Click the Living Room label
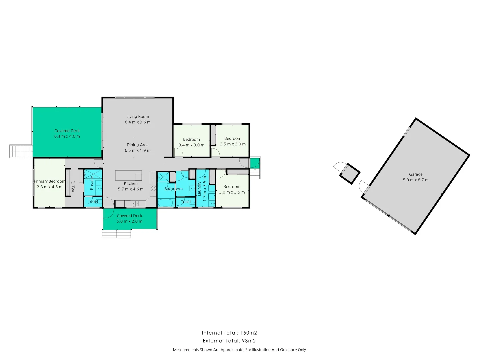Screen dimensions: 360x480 point(137,116)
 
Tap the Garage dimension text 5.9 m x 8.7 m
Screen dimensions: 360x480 point(416,180)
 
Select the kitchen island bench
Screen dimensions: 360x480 point(129,175)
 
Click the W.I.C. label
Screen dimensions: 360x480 point(73,186)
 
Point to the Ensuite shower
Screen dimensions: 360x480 point(93,174)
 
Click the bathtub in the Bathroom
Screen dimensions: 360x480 point(165,202)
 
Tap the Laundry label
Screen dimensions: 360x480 point(199,188)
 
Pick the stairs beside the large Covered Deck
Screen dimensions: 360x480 point(21,151)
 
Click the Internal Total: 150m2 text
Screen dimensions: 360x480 point(229,333)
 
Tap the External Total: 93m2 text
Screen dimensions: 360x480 point(229,341)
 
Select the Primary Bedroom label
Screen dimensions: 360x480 point(50,181)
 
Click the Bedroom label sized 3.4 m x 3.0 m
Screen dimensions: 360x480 point(191,139)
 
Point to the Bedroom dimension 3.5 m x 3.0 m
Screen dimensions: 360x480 point(233,144)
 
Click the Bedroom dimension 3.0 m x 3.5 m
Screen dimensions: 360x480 point(232,192)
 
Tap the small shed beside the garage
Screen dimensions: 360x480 point(349,173)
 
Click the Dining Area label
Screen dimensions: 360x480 point(137,145)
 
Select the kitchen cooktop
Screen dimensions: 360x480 point(153,188)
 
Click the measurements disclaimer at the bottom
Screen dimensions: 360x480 point(240,350)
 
